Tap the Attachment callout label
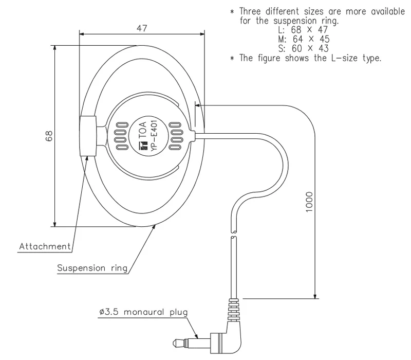[45, 246]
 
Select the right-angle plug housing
[225, 334]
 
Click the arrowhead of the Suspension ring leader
[156, 226]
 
